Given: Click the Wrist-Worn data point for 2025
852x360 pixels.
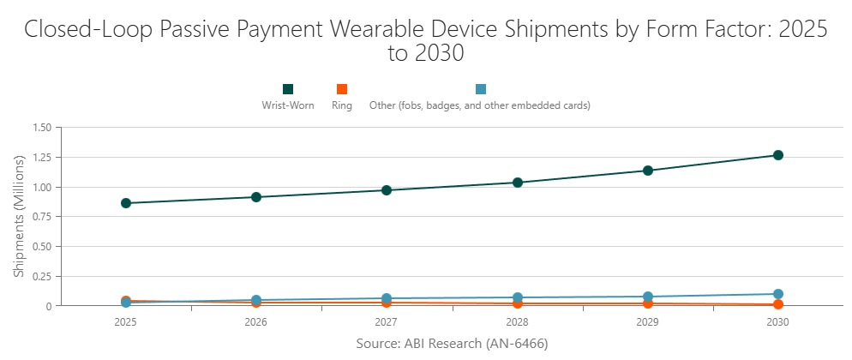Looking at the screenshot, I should pyautogui.click(x=126, y=203).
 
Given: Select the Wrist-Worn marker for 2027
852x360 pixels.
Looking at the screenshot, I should pyautogui.click(x=387, y=190).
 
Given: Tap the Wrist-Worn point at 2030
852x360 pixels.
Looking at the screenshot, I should pyautogui.click(x=778, y=155).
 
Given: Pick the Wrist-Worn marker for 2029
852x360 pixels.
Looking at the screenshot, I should pyautogui.click(x=648, y=171).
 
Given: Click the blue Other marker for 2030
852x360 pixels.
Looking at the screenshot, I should pyautogui.click(x=778, y=294).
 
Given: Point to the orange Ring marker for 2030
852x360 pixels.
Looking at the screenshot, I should pyautogui.click(x=778, y=304).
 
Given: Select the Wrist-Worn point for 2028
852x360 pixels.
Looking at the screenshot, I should pyautogui.click(x=518, y=183).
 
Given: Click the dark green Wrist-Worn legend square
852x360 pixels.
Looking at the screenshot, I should pyautogui.click(x=288, y=89).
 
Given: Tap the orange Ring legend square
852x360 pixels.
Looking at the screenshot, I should pyautogui.click(x=342, y=89).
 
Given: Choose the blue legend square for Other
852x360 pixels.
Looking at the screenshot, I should pyautogui.click(x=481, y=89).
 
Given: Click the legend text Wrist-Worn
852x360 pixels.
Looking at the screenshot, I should pyautogui.click(x=288, y=106).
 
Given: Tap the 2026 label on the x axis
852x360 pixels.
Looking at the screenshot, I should pyautogui.click(x=256, y=322).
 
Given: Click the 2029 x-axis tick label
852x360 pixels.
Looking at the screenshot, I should pyautogui.click(x=648, y=322).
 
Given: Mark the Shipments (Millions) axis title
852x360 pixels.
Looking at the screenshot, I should pyautogui.click(x=19, y=217).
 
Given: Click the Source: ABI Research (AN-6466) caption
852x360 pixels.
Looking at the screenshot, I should pyautogui.click(x=452, y=344).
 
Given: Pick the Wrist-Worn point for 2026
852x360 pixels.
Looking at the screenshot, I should pyautogui.click(x=256, y=197).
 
